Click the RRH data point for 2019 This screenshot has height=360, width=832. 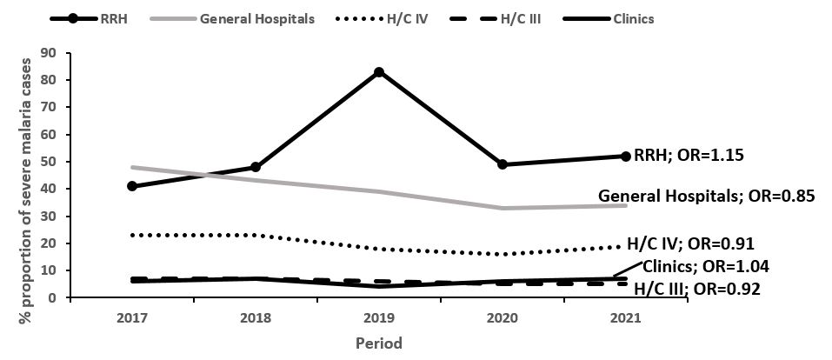coord(379,72)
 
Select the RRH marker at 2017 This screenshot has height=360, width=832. coord(132,186)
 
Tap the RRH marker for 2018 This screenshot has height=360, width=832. coord(256,167)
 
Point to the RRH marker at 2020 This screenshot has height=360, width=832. coord(503,164)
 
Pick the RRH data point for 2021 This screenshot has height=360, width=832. coord(625,157)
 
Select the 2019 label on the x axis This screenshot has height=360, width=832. coord(379,318)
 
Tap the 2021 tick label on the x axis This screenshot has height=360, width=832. coord(625,318)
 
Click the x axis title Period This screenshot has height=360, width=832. coord(379,343)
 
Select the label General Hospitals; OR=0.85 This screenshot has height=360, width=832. coord(707,197)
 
